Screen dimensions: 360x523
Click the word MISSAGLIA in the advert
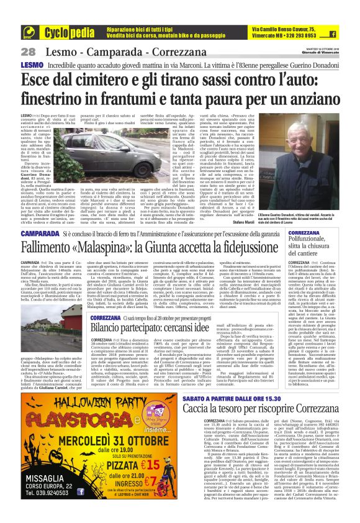coord(46,491)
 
